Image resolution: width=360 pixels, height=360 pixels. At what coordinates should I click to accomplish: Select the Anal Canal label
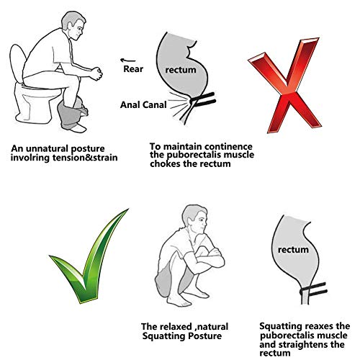coord(142,104)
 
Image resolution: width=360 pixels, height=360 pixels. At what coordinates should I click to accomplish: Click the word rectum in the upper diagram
coord(180,71)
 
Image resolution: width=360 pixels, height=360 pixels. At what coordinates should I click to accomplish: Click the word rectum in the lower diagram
coord(294,249)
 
